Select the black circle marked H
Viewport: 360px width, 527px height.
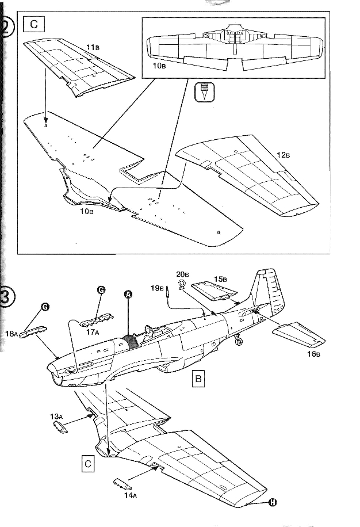(272, 502)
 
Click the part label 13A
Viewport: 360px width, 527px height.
(56, 415)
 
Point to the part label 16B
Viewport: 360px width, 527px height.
(313, 354)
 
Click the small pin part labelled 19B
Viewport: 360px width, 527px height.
(167, 291)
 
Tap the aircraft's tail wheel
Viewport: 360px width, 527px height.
(239, 343)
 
